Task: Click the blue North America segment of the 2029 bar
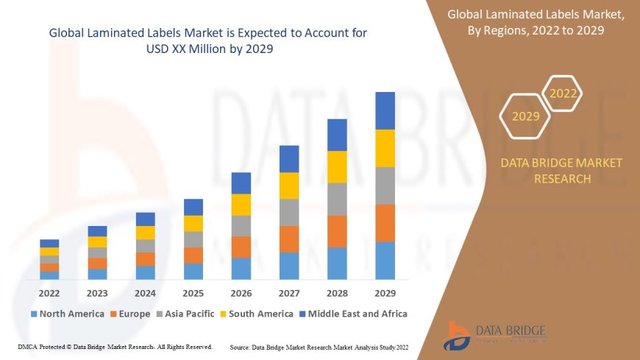(x=385, y=261)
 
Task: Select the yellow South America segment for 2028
(x=337, y=166)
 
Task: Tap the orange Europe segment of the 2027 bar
(x=289, y=239)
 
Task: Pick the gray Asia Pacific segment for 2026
(x=241, y=225)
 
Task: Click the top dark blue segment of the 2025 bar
(x=193, y=207)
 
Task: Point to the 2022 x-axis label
(x=49, y=292)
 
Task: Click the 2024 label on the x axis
(x=146, y=292)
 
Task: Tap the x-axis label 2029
(x=385, y=292)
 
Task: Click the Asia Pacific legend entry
(x=185, y=314)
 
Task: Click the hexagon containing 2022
(x=563, y=94)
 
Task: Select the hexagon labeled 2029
(x=525, y=116)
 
